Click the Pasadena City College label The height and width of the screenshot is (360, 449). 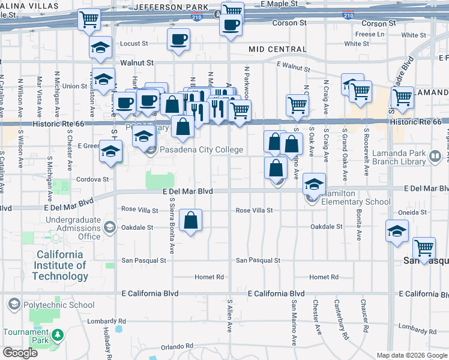coord(201,150)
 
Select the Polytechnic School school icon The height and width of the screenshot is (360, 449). coord(14,305)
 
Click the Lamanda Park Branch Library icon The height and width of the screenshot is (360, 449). coord(435,157)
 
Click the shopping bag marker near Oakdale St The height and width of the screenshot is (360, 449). coord(190,220)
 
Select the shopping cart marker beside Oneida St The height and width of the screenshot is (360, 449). coord(424,247)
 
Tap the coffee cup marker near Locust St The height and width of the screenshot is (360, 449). coord(178,40)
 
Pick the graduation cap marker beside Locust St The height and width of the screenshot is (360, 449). coord(100,46)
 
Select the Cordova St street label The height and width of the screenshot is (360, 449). coord(92,179)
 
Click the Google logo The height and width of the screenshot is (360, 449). coord(20,353)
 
